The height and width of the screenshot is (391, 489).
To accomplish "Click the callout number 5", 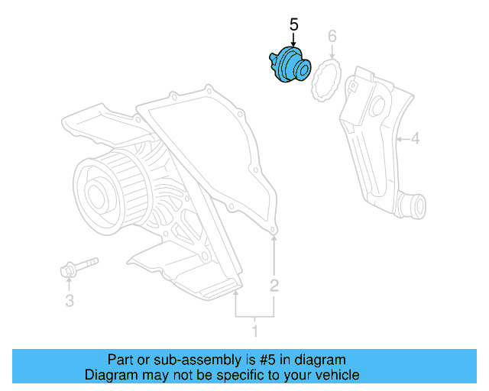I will click(x=294, y=25).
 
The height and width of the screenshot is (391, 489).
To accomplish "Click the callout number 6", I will click(x=332, y=36).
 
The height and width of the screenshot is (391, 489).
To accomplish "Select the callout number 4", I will click(x=415, y=139).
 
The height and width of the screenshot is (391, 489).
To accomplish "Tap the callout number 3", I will click(x=69, y=301).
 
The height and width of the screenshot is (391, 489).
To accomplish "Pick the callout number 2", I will click(x=274, y=286).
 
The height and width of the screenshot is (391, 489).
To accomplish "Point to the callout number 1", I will click(x=255, y=331).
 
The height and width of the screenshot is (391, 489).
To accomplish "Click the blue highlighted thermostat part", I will click(x=289, y=65).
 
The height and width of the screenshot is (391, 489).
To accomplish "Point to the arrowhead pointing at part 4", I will click(x=400, y=139).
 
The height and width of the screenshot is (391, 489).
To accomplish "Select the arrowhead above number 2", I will click(x=274, y=240).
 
